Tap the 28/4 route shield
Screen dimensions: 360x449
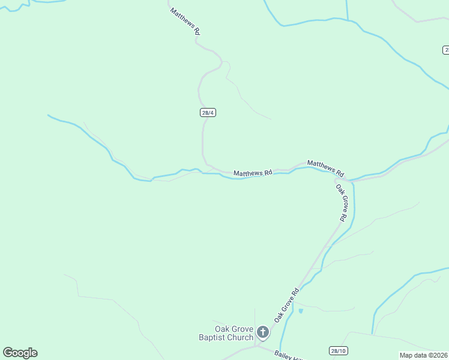point(207,112)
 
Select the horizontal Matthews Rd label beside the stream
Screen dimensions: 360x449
point(253,173)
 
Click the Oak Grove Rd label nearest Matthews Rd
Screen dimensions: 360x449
point(342,203)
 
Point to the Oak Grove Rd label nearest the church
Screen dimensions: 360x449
point(287,305)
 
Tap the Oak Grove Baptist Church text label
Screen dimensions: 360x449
point(226,333)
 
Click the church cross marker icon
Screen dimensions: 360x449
point(262,332)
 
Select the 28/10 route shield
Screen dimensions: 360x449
point(339,350)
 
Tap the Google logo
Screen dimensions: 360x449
point(20,353)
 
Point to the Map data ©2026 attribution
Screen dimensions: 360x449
point(423,355)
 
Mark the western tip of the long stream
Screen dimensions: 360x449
point(48,115)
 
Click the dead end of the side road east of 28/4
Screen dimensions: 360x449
point(271,119)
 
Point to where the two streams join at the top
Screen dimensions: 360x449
point(348,19)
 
